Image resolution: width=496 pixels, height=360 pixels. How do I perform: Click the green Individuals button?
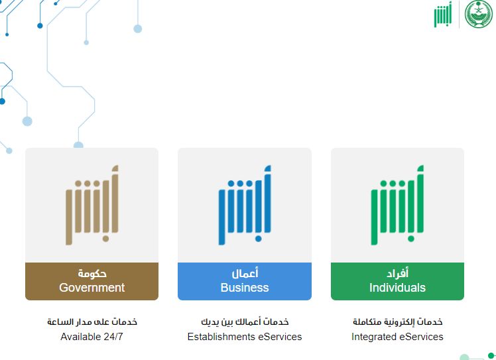coord(397,281)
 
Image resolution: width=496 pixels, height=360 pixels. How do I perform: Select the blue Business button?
coord(245,281)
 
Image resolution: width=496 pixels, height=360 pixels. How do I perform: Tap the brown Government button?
coord(92,281)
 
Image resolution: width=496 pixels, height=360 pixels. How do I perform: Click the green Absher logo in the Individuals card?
coord(397,206)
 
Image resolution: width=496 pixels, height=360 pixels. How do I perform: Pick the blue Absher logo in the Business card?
coord(245,206)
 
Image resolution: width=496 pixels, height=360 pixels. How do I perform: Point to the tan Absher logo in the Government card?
coord(92,206)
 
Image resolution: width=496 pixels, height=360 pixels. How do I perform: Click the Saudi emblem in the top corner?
coord(479,14)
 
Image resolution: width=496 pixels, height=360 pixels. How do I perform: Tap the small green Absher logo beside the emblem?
coord(442,15)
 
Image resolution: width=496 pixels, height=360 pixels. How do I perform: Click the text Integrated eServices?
coord(397,337)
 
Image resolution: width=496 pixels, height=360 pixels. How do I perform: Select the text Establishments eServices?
coord(245,337)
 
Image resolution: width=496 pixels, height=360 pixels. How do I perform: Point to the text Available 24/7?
coord(92,337)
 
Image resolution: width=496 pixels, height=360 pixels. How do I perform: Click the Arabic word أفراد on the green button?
coord(397,274)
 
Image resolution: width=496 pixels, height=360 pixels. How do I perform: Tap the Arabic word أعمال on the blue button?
coord(245,274)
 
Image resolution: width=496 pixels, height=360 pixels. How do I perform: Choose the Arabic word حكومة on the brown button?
coord(92,274)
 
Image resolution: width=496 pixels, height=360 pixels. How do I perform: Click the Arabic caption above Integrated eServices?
coord(397,322)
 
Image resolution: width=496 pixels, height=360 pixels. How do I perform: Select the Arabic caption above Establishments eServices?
coord(245,322)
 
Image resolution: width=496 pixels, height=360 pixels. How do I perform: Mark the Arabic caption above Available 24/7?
coord(92,322)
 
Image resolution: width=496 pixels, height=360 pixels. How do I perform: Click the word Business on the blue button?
coord(245,288)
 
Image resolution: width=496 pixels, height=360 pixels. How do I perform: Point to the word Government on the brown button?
coord(92,288)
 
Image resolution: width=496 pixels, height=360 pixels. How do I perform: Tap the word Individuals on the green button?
coord(397,288)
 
